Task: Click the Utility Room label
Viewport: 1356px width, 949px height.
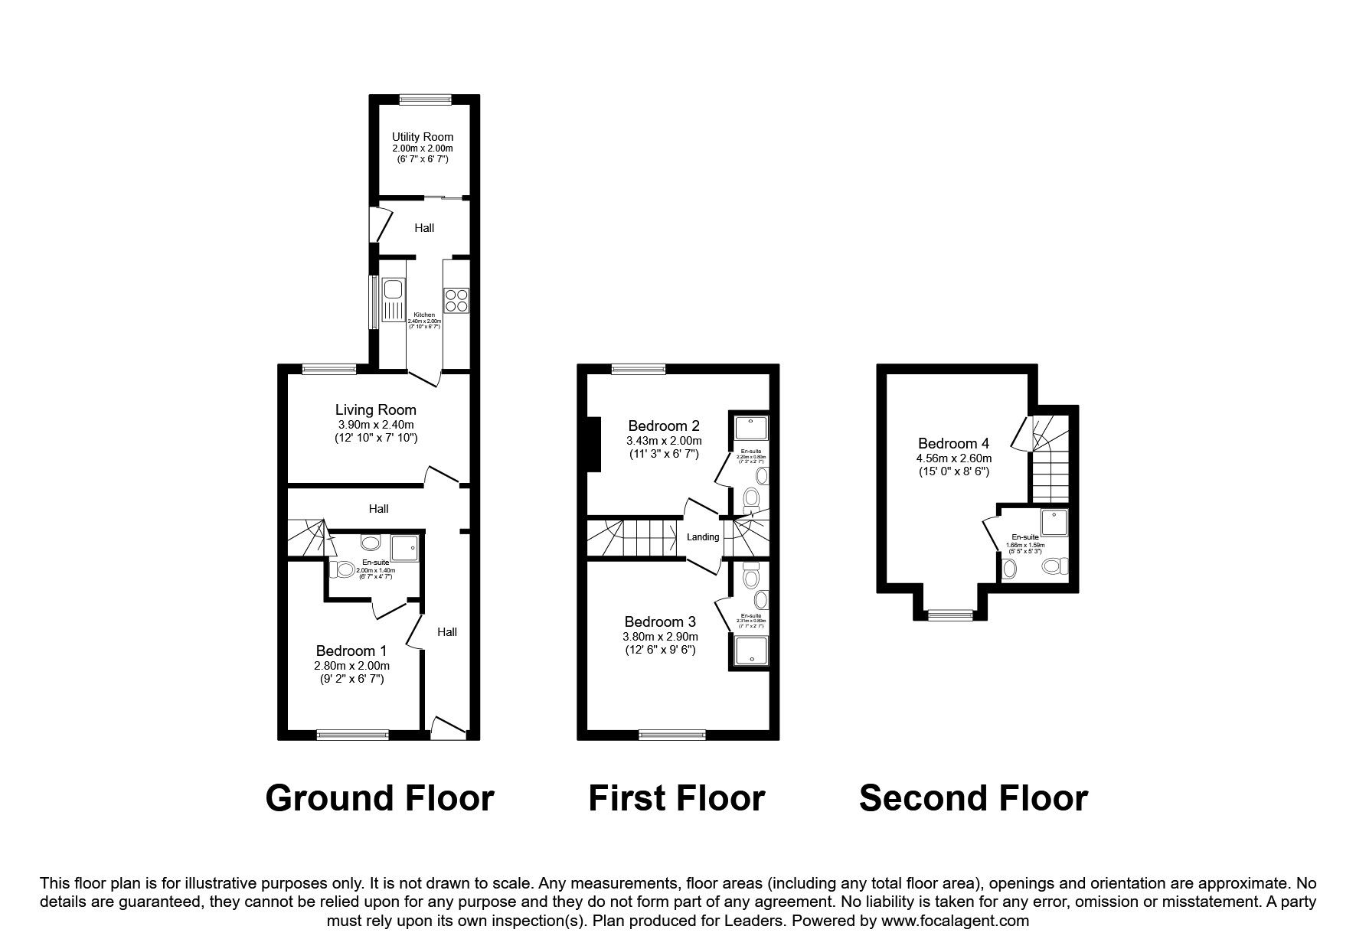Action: [x=423, y=137]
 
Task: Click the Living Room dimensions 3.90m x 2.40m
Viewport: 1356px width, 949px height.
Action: [x=375, y=425]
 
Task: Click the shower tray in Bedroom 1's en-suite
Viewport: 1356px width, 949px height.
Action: [x=406, y=549]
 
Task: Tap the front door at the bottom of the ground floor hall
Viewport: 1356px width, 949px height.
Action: [x=449, y=728]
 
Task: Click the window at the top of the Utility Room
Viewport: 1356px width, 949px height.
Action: [x=426, y=98]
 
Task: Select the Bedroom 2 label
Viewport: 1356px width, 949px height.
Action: [x=663, y=426]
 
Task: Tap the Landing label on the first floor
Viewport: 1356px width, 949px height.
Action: [x=703, y=537]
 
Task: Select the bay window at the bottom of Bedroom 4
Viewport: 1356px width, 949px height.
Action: [x=950, y=614]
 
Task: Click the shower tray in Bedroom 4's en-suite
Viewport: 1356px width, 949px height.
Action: [x=1054, y=522]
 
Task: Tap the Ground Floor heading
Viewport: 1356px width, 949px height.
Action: [x=379, y=798]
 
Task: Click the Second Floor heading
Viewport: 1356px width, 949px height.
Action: [x=972, y=798]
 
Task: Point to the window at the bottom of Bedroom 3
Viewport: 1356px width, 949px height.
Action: [x=673, y=735]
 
